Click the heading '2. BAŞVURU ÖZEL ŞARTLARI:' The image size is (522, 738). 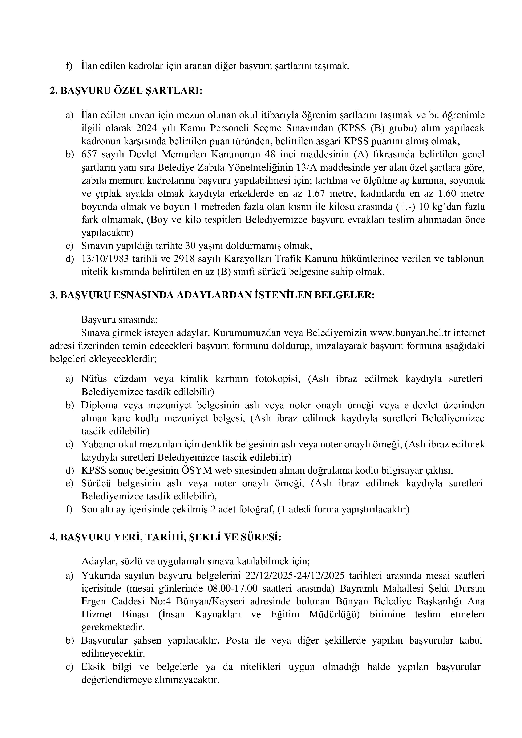click(126, 91)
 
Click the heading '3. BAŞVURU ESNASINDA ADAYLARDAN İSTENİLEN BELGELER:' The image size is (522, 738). click(212, 295)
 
